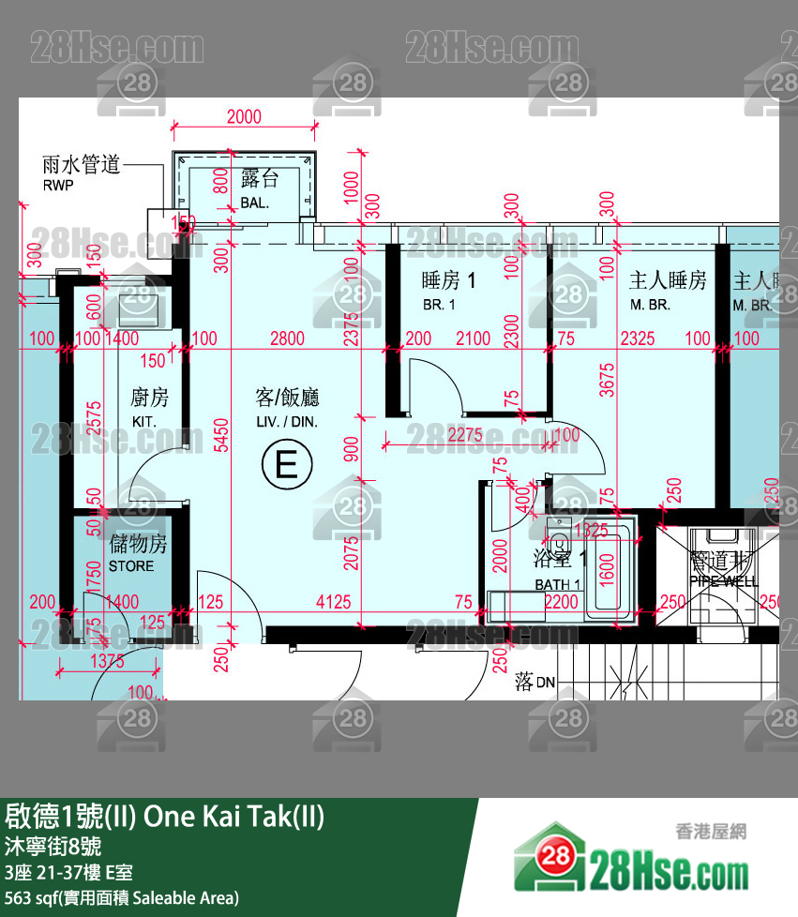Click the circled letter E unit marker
point(286,464)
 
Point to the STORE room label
point(131,567)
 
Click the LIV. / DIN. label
point(287,423)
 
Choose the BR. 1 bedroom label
point(439,305)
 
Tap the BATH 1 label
point(558,585)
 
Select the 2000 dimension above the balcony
point(244,117)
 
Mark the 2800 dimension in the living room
point(287,339)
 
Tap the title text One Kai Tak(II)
point(234,817)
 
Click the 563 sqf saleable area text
point(122,897)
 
